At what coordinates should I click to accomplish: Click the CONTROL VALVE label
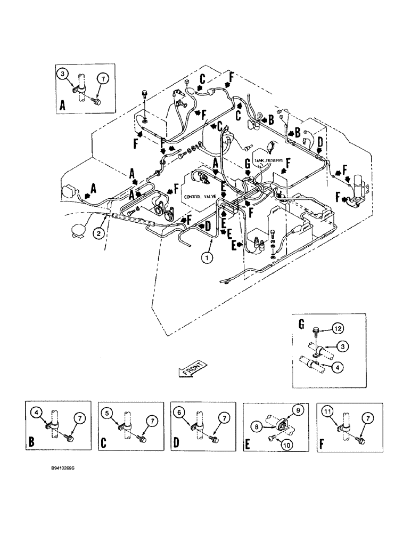pyautogui.click(x=200, y=197)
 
